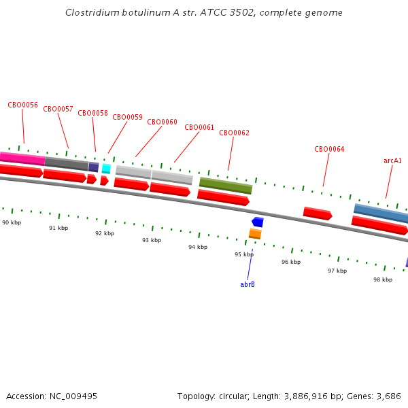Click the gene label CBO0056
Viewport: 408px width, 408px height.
(x=22, y=105)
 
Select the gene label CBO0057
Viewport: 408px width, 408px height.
(x=58, y=109)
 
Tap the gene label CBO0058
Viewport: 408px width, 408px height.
(x=92, y=113)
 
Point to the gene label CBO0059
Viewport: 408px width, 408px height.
(x=127, y=117)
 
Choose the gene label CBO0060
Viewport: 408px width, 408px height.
(x=162, y=122)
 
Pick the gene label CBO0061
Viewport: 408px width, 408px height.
(x=199, y=127)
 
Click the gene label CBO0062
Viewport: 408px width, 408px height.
(x=234, y=133)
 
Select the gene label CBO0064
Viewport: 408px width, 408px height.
(x=329, y=149)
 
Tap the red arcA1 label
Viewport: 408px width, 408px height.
(x=392, y=160)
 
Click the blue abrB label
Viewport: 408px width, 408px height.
(x=248, y=284)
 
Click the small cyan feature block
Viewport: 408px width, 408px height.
(x=106, y=168)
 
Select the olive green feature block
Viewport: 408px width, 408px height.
(x=226, y=185)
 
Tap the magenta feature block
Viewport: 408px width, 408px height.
(x=22, y=158)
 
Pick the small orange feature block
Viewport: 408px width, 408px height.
(x=255, y=234)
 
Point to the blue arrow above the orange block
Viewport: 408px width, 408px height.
(x=257, y=222)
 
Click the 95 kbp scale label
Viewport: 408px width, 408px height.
(x=244, y=254)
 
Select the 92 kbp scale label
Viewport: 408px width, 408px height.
(x=105, y=233)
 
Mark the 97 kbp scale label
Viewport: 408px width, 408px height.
(x=337, y=271)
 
